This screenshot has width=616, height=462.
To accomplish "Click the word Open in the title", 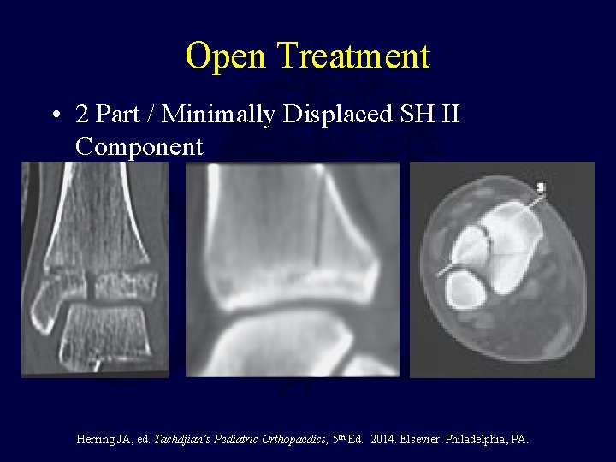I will tap(227, 56).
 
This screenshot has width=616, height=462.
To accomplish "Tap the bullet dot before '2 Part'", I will tap(55, 115).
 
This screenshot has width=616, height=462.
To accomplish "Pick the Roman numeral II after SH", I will tap(449, 114).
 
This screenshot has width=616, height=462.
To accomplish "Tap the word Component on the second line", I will tap(139, 146).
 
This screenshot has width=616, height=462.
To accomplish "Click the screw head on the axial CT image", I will tap(541, 187).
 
